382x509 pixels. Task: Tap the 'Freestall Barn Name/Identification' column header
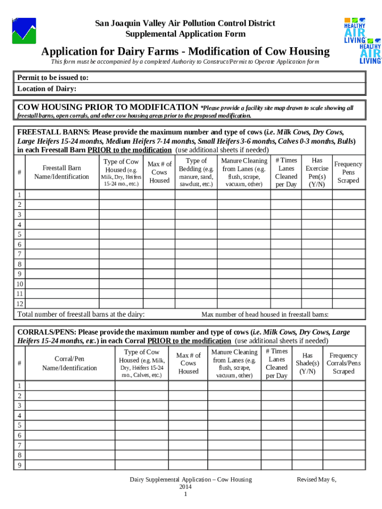pyautogui.click(x=62, y=172)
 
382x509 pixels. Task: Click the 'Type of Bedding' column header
pyautogui.click(x=196, y=172)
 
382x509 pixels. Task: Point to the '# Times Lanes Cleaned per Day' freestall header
pyautogui.click(x=286, y=172)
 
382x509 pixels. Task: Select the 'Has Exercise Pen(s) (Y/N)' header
pyautogui.click(x=317, y=172)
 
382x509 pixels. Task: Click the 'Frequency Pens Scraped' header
pyautogui.click(x=348, y=172)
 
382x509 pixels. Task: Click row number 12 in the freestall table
pyautogui.click(x=20, y=304)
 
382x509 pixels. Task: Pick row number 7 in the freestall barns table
pyautogui.click(x=20, y=254)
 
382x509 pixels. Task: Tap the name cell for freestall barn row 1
pyautogui.click(x=62, y=195)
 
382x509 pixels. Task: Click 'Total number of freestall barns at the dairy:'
pyautogui.click(x=81, y=314)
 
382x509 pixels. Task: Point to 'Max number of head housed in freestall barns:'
pyautogui.click(x=265, y=315)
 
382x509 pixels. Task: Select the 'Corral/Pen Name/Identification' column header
pyautogui.click(x=69, y=363)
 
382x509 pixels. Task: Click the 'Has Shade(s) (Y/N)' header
pyautogui.click(x=308, y=363)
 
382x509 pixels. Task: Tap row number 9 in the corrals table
pyautogui.click(x=20, y=465)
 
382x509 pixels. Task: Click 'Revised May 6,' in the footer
pyautogui.click(x=316, y=479)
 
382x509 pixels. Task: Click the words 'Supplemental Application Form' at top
pyautogui.click(x=186, y=34)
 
